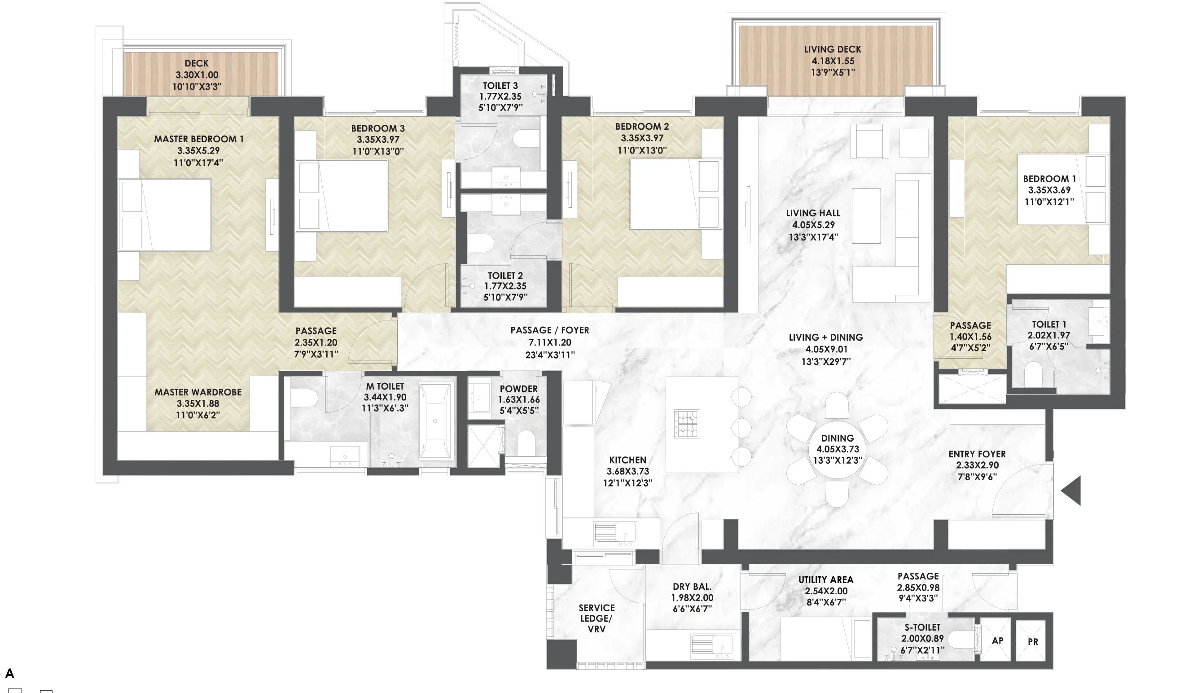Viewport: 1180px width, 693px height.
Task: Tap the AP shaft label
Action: coord(997,640)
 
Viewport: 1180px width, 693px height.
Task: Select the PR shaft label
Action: coord(1033,641)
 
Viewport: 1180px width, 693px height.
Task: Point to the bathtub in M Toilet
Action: coord(435,421)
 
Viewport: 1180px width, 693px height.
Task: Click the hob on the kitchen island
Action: coord(686,424)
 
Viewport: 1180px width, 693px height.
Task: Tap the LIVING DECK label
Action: coord(833,49)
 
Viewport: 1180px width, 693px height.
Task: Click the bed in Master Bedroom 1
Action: coord(165,215)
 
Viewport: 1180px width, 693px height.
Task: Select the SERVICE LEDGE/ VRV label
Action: coord(597,618)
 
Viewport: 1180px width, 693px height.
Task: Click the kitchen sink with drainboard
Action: coord(615,534)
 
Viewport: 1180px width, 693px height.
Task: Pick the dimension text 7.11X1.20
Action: coord(550,342)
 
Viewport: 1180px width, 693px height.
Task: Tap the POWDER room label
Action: coord(518,389)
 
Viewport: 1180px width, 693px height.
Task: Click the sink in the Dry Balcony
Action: coord(713,646)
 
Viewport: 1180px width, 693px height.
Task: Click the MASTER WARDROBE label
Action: coord(198,392)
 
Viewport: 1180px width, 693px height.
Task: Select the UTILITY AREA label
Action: coord(826,580)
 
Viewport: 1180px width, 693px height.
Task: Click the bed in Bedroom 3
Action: coord(342,196)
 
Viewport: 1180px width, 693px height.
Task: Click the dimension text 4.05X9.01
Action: coord(826,349)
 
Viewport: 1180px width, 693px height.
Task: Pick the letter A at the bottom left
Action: coord(9,674)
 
